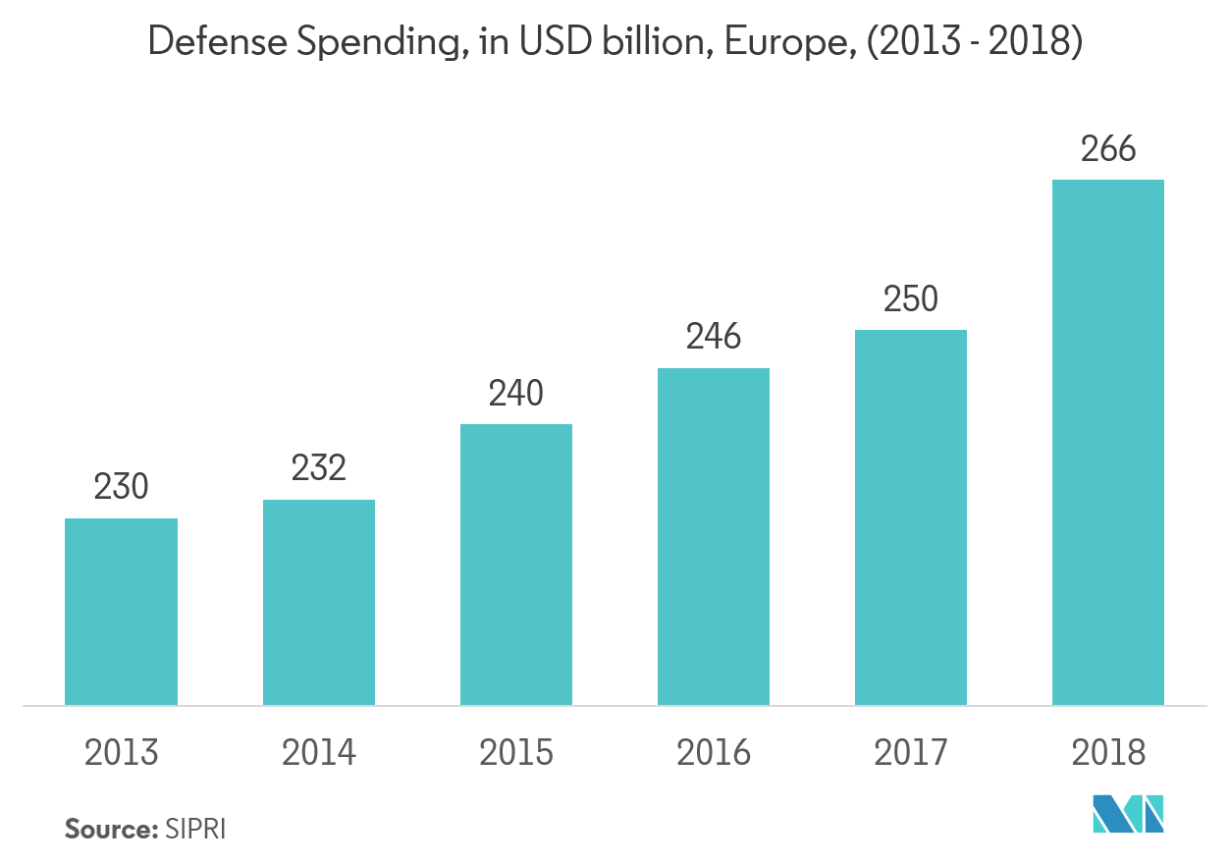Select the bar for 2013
121,611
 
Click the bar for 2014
318,602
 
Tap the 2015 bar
516,565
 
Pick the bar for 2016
714,536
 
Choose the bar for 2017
911,517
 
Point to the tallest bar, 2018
1108,442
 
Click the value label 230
121,487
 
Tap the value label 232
318,468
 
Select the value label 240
516,394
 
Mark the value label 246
714,338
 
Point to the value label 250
911,299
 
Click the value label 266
1108,149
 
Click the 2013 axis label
121,753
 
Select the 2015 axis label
516,753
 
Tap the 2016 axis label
714,753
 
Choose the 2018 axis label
1108,753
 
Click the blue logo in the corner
1128,815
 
